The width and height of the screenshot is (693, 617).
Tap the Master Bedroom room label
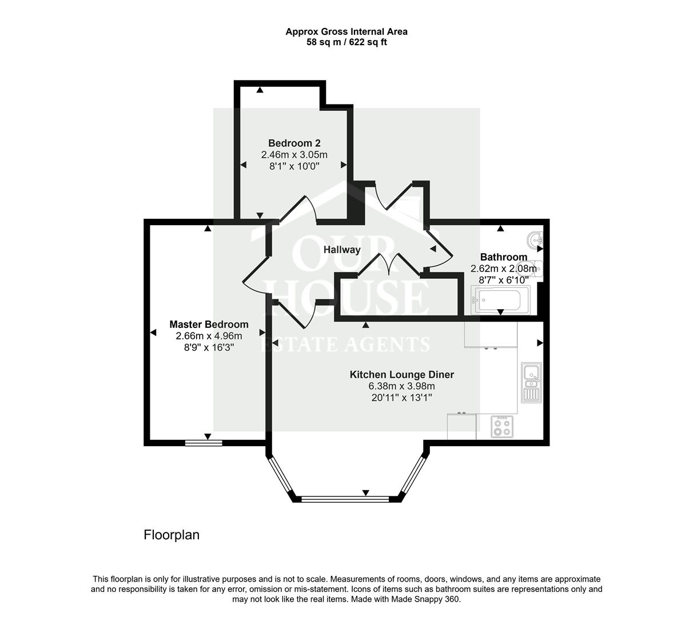tap(209, 324)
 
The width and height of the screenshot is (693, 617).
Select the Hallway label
tap(342, 250)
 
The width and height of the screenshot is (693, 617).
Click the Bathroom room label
tap(503, 257)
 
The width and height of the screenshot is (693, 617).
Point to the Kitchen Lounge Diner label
tap(402, 375)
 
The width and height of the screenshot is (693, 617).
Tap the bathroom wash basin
tap(536, 239)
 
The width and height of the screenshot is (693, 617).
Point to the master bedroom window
tap(204, 442)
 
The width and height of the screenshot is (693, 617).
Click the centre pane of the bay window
tap(345, 499)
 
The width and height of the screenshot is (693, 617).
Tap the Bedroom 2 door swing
tap(298, 209)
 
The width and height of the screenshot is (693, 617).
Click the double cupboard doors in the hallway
tap(390, 264)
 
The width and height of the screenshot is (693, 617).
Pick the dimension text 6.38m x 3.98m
tap(402, 386)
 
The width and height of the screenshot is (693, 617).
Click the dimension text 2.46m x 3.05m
tap(294, 155)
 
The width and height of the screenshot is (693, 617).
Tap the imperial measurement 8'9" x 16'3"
tap(209, 347)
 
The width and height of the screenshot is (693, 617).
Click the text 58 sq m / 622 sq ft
tap(346, 42)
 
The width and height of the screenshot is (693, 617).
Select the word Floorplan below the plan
tap(172, 535)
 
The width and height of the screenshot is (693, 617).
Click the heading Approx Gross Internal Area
tap(346, 32)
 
